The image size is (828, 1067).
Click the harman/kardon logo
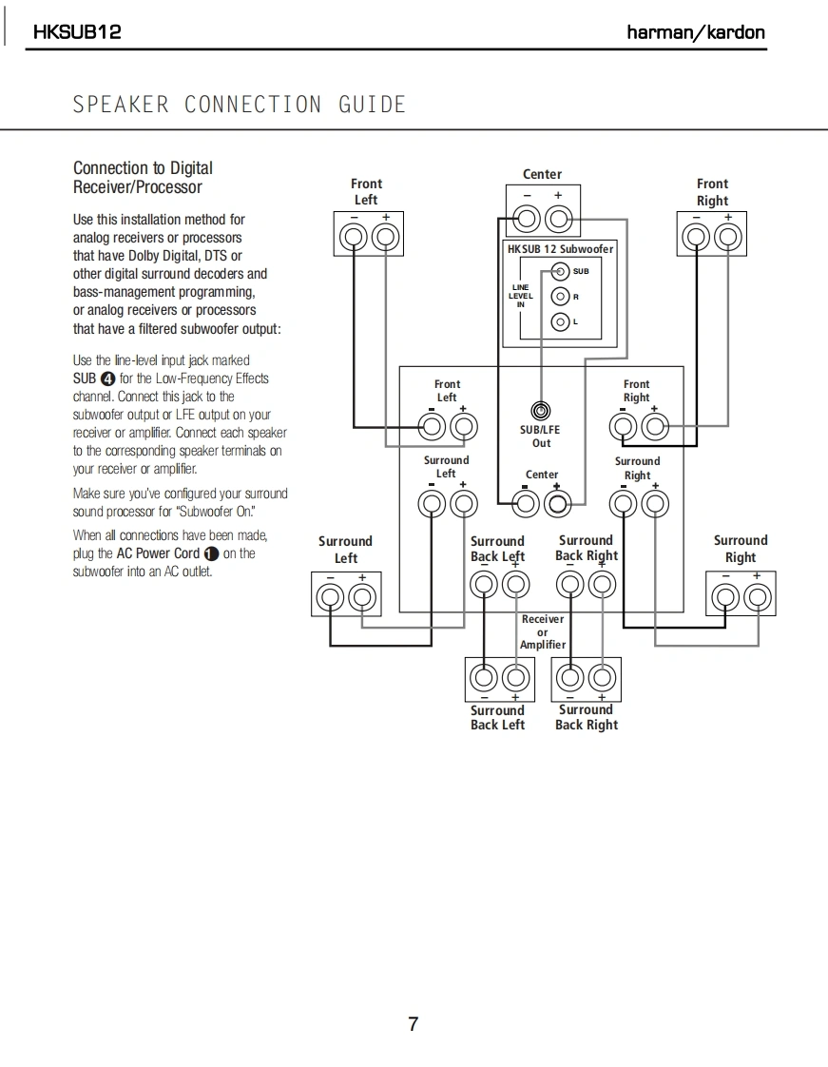tap(695, 32)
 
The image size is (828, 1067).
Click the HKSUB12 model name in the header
tap(77, 32)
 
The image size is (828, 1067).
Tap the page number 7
tap(413, 1024)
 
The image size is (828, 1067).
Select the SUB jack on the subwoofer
tap(561, 272)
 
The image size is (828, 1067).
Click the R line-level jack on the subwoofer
tap(561, 296)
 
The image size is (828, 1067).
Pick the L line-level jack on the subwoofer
tap(561, 321)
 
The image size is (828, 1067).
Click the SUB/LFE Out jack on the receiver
tap(541, 412)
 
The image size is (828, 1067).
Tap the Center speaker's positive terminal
tap(559, 221)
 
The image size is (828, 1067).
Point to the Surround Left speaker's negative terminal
tap(331, 597)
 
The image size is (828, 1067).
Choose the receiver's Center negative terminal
tap(524, 502)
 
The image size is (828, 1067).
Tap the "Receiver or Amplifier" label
tap(542, 631)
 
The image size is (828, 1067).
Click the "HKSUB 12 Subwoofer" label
tap(560, 249)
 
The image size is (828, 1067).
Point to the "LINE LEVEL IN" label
tap(520, 296)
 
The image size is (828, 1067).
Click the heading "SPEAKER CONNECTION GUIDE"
tap(240, 105)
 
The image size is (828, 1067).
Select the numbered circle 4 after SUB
tap(107, 378)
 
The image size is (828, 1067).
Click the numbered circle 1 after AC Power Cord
tap(211, 553)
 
